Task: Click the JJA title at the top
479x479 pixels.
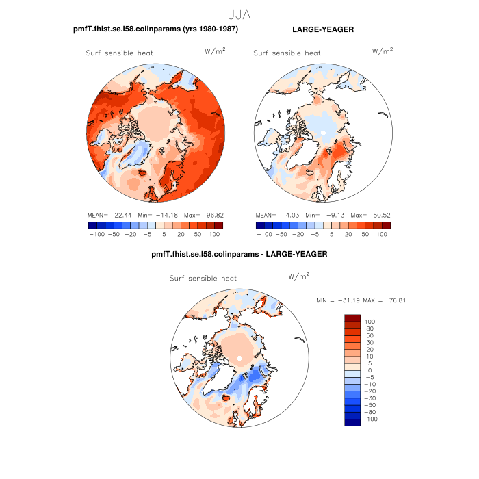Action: pyautogui.click(x=239, y=13)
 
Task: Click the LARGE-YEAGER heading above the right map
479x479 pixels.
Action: pyautogui.click(x=322, y=29)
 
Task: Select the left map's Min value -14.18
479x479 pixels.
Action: pyautogui.click(x=163, y=215)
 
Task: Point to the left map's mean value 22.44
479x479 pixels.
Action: pyautogui.click(x=122, y=215)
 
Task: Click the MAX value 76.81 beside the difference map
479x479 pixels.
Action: pyautogui.click(x=396, y=300)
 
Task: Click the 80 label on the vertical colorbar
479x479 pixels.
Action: pyautogui.click(x=370, y=328)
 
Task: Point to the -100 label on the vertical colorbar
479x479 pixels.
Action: pyautogui.click(x=370, y=419)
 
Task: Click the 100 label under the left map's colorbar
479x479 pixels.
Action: pyautogui.click(x=215, y=234)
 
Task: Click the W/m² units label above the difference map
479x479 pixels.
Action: pyautogui.click(x=299, y=276)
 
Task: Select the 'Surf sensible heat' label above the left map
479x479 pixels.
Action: pyautogui.click(x=119, y=53)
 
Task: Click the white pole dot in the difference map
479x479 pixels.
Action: pyautogui.click(x=240, y=358)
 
